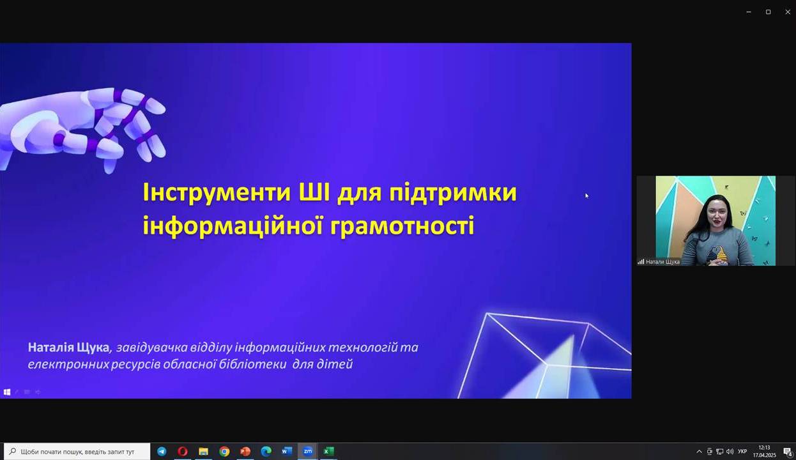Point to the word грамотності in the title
click(x=402, y=226)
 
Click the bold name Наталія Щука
click(x=68, y=348)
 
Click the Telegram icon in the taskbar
click(x=162, y=452)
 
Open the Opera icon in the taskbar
click(x=183, y=452)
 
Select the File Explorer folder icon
click(x=203, y=452)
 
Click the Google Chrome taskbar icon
click(x=224, y=452)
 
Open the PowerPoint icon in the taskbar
click(x=245, y=452)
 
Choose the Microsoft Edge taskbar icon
click(x=266, y=452)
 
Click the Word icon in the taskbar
click(x=287, y=452)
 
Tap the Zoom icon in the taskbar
click(x=308, y=452)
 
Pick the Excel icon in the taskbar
click(x=329, y=452)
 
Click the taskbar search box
click(x=77, y=452)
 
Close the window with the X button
click(x=788, y=12)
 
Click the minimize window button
click(x=749, y=12)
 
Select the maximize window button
click(x=769, y=12)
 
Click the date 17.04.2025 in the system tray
click(x=764, y=455)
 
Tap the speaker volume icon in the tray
click(x=730, y=452)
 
